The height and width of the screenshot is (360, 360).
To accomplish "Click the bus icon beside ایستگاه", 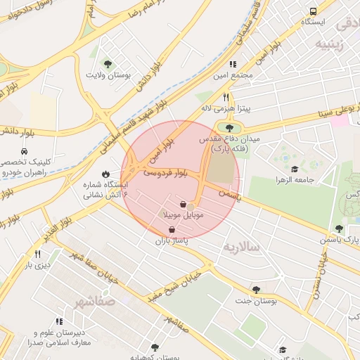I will (x=313, y=11).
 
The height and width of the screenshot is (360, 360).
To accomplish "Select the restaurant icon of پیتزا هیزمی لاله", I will (x=226, y=97).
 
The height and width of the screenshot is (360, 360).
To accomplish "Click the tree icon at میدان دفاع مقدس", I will (x=228, y=127).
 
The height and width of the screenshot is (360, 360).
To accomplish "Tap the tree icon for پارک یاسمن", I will (x=340, y=229).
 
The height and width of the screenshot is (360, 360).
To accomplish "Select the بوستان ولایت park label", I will (x=110, y=74).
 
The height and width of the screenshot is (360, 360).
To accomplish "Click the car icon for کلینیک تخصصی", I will (x=25, y=151).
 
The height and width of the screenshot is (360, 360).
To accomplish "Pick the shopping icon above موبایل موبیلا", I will (x=183, y=204).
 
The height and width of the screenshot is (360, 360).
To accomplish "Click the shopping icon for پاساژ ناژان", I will (x=172, y=230).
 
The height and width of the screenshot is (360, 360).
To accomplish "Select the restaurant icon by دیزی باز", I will (x=37, y=254).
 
